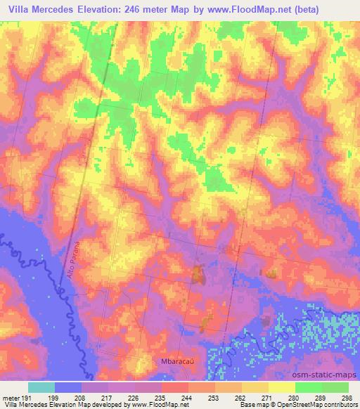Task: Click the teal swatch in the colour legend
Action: tap(41, 387)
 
